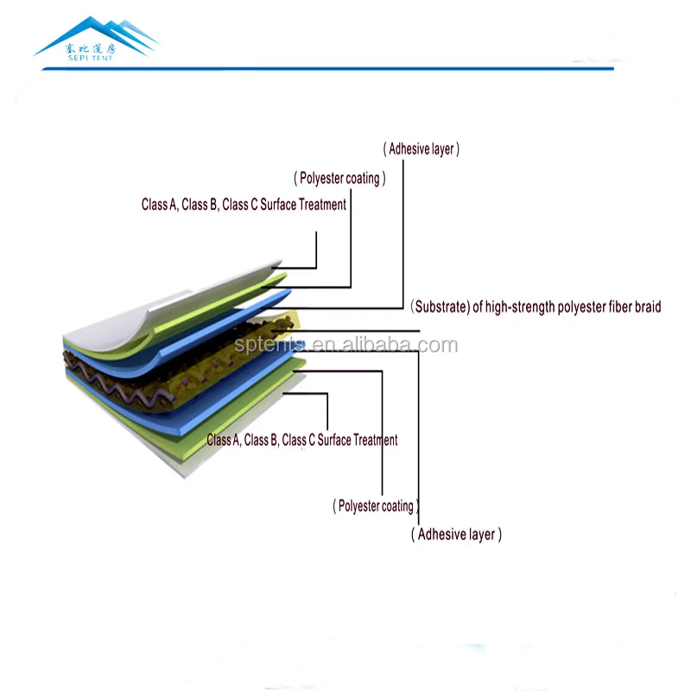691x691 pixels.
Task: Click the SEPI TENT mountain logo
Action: click(x=97, y=36)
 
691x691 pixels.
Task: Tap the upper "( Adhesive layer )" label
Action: click(x=422, y=149)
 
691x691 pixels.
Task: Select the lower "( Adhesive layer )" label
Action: click(x=456, y=535)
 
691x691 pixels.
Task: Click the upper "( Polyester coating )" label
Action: click(x=339, y=179)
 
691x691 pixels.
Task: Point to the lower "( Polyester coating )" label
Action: click(x=376, y=506)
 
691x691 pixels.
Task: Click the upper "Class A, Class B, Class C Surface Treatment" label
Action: click(x=244, y=205)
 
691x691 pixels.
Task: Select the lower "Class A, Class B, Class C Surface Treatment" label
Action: click(x=302, y=441)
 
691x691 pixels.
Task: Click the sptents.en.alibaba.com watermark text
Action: click(x=345, y=346)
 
